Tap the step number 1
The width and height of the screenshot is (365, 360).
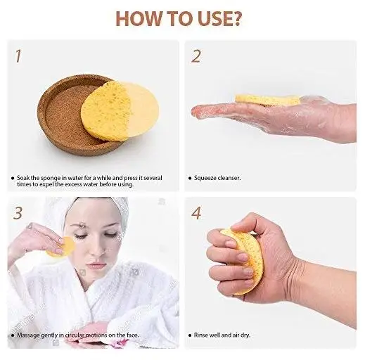18,56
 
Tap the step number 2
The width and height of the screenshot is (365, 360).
196,56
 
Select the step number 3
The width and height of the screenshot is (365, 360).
18,212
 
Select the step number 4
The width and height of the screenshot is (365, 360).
197,212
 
